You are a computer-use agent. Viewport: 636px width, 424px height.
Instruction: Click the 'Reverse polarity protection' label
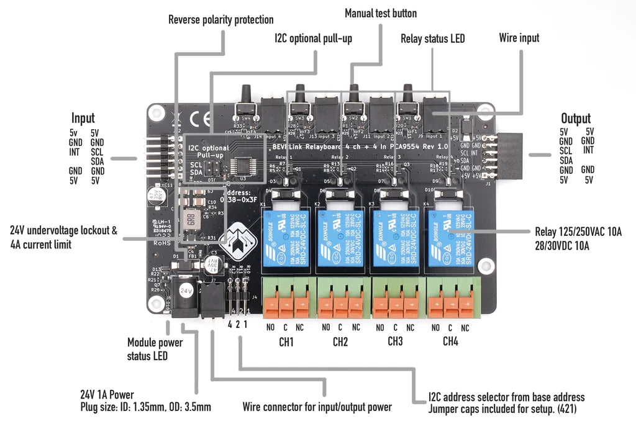pyautogui.click(x=221, y=20)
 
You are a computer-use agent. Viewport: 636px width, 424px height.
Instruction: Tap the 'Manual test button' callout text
pyautogui.click(x=381, y=13)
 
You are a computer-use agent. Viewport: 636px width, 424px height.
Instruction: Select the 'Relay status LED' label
pyautogui.click(x=432, y=38)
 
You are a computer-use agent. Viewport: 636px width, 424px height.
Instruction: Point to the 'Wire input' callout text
pyautogui.click(x=519, y=38)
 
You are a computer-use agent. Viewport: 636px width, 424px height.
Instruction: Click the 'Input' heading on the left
pyautogui.click(x=83, y=118)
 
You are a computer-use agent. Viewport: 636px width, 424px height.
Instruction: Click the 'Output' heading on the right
pyautogui.click(x=576, y=118)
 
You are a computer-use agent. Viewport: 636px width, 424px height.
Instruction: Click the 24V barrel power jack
pyautogui.click(x=185, y=299)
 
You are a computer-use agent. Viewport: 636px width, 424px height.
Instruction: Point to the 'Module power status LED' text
pyautogui.click(x=155, y=349)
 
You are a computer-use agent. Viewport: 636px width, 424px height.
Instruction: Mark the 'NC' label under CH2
pyautogui.click(x=355, y=327)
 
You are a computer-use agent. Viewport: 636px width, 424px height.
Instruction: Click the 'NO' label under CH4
pyautogui.click(x=435, y=327)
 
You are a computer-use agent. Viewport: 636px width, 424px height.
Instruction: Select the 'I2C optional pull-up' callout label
pyautogui.click(x=313, y=38)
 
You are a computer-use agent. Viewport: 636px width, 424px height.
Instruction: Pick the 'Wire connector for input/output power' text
pyautogui.click(x=317, y=407)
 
